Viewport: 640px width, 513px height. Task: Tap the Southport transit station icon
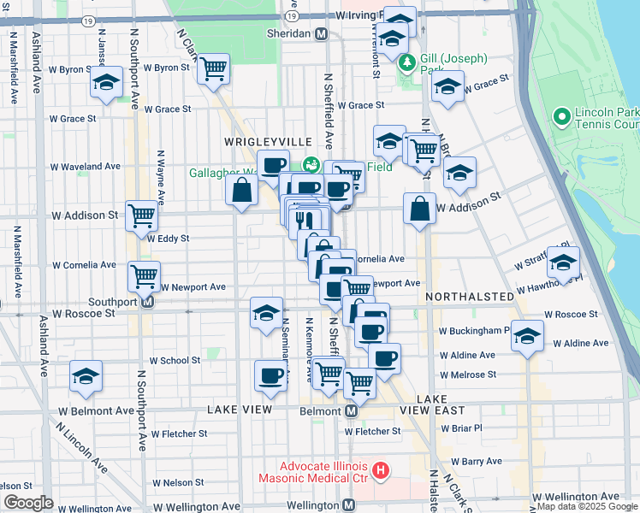click(x=147, y=301)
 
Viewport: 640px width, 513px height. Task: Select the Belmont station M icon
click(x=351, y=411)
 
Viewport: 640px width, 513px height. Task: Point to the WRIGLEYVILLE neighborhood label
click(x=258, y=140)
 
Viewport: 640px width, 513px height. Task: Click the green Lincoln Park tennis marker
click(x=562, y=116)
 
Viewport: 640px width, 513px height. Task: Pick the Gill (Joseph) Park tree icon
click(x=408, y=62)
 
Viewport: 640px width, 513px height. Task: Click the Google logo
click(x=27, y=503)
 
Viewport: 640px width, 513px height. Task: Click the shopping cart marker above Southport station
click(x=144, y=274)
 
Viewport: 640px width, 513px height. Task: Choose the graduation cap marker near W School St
click(x=86, y=377)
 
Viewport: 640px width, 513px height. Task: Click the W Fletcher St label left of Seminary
click(x=178, y=433)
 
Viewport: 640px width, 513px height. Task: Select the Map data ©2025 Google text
click(x=588, y=506)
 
